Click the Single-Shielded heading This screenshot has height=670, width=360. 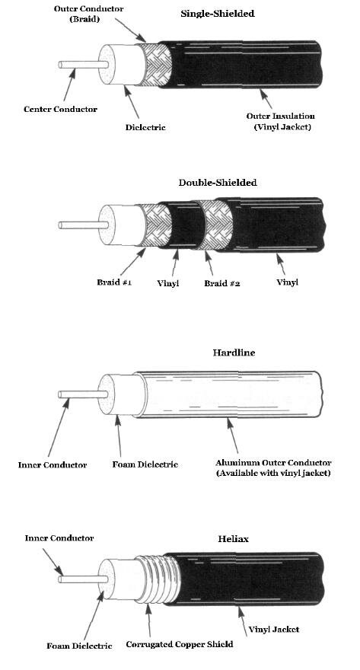coord(218,13)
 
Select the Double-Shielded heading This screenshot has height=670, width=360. coord(218,183)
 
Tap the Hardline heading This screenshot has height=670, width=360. coord(234,353)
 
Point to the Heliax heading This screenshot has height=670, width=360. coord(233,539)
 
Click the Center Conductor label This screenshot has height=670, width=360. coord(60,109)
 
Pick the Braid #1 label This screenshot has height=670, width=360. coord(114,282)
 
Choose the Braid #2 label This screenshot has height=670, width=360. coord(221,283)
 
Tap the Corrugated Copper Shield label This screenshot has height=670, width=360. coord(180,644)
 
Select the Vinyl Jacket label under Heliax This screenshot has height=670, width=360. coord(274,629)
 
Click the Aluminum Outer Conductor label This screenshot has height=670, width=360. coord(273,463)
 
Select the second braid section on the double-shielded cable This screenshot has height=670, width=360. coord(217,225)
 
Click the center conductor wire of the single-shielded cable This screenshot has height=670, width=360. coord(83,65)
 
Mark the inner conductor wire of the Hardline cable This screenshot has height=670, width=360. coord(82,394)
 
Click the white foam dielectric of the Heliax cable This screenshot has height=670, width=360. coord(122,579)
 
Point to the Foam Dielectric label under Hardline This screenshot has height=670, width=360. coord(145,464)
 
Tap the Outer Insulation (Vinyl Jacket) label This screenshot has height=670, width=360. coord(281,121)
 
